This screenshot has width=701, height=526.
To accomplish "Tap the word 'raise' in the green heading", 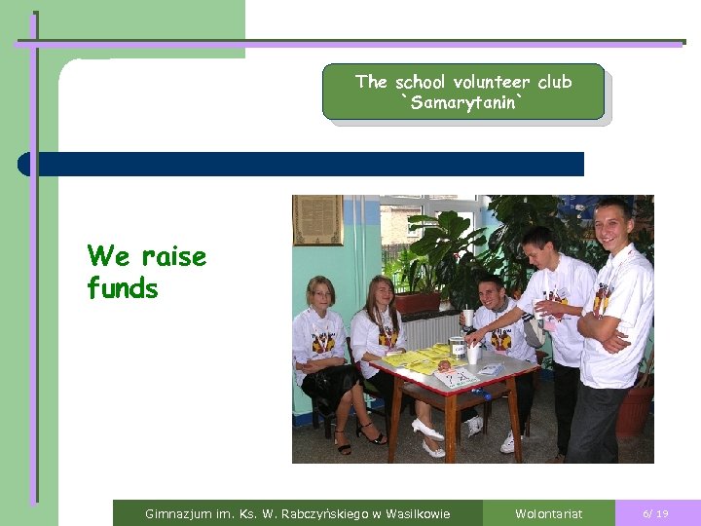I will pos(174,257).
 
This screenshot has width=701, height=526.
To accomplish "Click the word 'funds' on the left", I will pos(122,289).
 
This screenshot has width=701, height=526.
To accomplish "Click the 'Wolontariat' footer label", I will pos(548,513).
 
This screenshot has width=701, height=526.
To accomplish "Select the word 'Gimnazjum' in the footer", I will pos(176,513).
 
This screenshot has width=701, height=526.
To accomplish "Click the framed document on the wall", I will pos(317,219).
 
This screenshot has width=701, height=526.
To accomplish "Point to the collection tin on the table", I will pos(457,348).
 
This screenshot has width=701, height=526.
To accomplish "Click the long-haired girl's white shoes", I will pos(428,437).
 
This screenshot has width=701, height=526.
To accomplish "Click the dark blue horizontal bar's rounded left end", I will pos(25,164).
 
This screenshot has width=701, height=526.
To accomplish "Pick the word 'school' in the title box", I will pos(421,82).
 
